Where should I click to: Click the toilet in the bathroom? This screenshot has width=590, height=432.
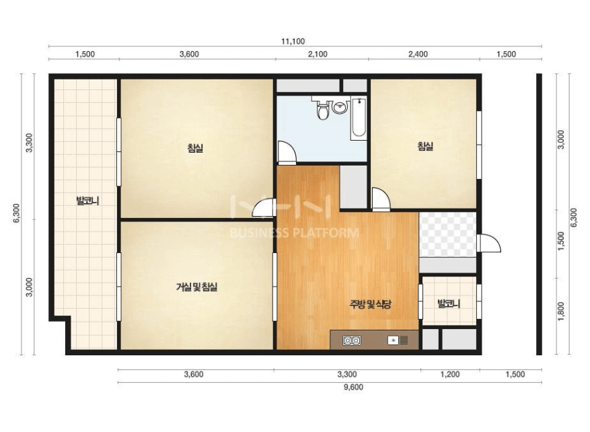[323, 109]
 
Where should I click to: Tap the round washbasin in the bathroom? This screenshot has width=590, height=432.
[340, 107]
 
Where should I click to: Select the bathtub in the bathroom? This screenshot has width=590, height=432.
[359, 118]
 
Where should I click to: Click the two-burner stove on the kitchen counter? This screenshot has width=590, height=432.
[352, 340]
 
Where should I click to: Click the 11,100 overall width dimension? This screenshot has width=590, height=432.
[293, 42]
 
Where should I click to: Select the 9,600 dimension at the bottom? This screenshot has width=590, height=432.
[353, 387]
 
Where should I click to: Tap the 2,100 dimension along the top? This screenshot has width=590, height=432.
[318, 55]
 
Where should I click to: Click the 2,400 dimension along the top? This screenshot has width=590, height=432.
[418, 55]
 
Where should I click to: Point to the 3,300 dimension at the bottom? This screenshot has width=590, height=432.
[347, 374]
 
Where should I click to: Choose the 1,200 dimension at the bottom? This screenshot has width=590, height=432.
[450, 374]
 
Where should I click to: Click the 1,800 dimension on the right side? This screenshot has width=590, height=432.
[561, 311]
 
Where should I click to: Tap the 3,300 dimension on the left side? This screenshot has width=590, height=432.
[29, 143]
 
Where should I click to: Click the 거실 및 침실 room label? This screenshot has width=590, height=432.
[196, 287]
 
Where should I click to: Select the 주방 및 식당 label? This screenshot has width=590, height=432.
[370, 303]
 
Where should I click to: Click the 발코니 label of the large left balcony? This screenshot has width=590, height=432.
[87, 201]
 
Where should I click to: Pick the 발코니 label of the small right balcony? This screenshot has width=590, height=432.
[449, 303]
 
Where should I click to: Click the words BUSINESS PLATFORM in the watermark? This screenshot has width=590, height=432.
[294, 233]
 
